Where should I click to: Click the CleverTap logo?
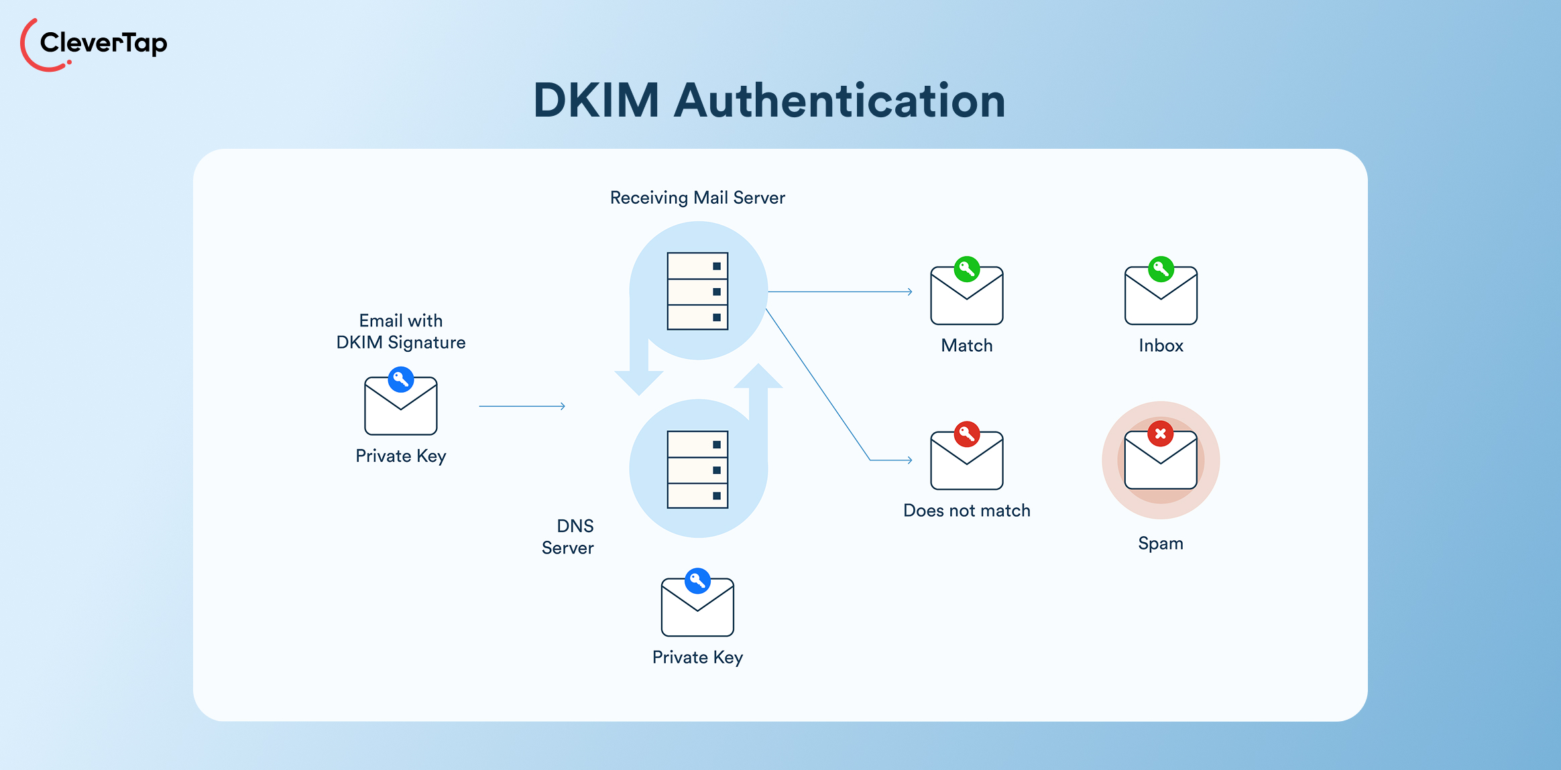[x=94, y=44]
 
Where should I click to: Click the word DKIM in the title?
[x=596, y=101]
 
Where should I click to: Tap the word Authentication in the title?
[x=839, y=101]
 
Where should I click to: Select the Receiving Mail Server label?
[x=697, y=198]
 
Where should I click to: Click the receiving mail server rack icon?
[x=697, y=291]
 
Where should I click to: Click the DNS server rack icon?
[x=697, y=469]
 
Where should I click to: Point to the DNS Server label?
[x=569, y=537]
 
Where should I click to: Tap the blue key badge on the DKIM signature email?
[x=401, y=379]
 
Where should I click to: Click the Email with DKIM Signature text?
[x=401, y=332]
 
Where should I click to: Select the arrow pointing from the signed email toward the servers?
[x=522, y=406]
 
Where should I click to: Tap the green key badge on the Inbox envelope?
[x=1161, y=269]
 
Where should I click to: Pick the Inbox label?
[x=1161, y=346]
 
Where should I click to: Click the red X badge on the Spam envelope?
[x=1160, y=434]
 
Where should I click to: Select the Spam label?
[x=1160, y=543]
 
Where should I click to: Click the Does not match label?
[x=966, y=511]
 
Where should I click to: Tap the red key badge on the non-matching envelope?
[x=966, y=434]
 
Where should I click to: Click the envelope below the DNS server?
[x=697, y=607]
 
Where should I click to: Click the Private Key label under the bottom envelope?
[x=697, y=657]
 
